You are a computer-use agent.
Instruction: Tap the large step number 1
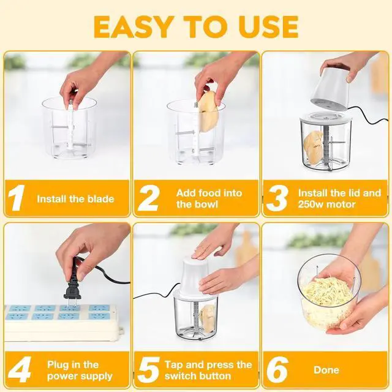pyautogui.click(x=17, y=197)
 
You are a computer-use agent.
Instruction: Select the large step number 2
pyautogui.click(x=149, y=197)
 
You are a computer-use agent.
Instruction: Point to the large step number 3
pyautogui.click(x=277, y=198)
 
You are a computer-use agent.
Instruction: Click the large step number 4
pyautogui.click(x=20, y=369)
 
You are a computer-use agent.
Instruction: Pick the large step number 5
pyautogui.click(x=148, y=370)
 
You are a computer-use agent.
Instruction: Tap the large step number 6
pyautogui.click(x=277, y=370)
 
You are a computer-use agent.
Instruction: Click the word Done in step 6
pyautogui.click(x=326, y=370)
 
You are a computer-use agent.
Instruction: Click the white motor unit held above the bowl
pyautogui.click(x=330, y=91)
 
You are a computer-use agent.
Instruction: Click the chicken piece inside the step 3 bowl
pyautogui.click(x=314, y=148)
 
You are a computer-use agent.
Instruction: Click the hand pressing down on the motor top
pyautogui.click(x=211, y=246)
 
